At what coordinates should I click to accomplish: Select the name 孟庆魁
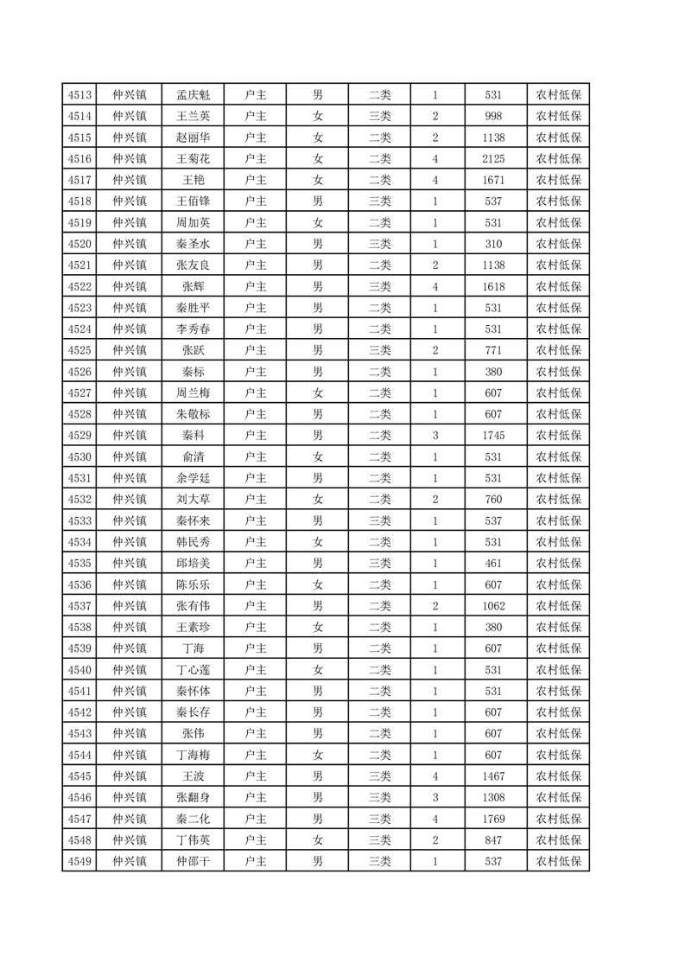(193, 94)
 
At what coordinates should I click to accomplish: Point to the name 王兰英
(193, 116)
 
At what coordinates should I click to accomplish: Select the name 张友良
(193, 265)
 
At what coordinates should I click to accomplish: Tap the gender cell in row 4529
(318, 435)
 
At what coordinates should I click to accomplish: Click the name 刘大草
(193, 499)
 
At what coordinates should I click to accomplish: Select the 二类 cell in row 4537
(380, 605)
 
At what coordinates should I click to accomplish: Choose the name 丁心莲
(193, 669)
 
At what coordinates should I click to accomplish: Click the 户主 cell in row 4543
(256, 733)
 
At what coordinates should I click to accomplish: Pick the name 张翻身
(193, 797)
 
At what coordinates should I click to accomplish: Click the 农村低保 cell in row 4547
(558, 818)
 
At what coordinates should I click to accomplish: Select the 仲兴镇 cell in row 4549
(130, 861)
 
